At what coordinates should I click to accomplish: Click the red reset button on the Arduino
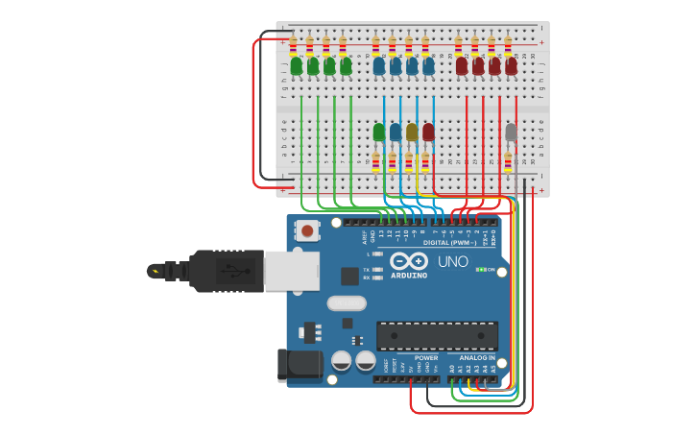[x=307, y=230]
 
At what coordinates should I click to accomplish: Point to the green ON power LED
[x=479, y=270]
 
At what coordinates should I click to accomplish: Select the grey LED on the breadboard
[x=511, y=132]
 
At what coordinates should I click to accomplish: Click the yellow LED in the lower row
[x=412, y=132]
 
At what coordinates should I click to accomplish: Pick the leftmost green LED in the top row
[x=296, y=66]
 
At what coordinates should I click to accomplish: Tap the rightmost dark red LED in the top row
[x=511, y=66]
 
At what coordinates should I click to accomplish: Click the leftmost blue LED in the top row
[x=379, y=66]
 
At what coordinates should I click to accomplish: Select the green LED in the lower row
[x=379, y=132]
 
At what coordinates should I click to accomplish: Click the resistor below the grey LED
[x=508, y=162]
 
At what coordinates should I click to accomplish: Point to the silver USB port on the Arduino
[x=291, y=271]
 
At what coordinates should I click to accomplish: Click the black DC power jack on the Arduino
[x=300, y=366]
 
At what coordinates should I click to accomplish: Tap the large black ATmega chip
[x=437, y=335]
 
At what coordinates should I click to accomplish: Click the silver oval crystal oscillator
[x=346, y=303]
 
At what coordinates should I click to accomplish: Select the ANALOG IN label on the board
[x=470, y=357]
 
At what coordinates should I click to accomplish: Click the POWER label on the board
[x=426, y=357]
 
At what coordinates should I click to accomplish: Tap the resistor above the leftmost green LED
[x=293, y=44]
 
